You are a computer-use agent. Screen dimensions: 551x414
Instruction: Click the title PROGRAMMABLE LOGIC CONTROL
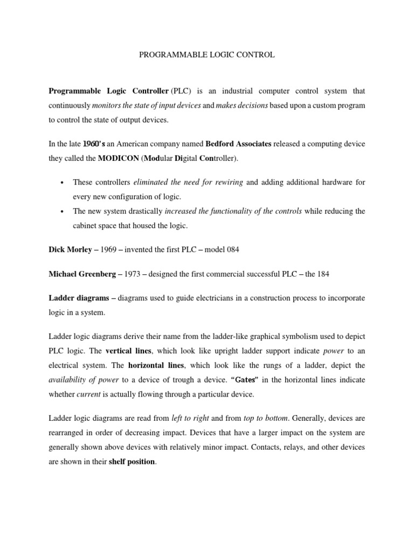tap(207, 55)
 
